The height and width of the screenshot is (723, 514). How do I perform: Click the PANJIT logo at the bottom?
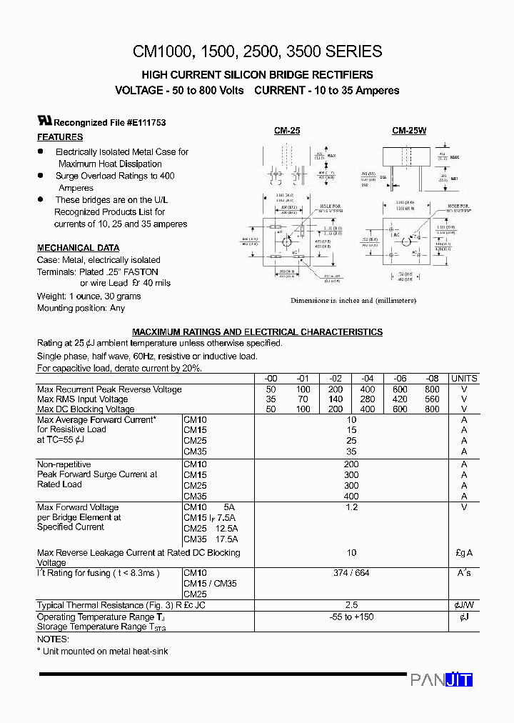coord(441,680)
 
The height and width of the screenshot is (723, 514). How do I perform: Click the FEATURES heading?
coord(60,137)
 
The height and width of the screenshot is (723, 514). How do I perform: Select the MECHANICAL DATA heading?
coord(79,248)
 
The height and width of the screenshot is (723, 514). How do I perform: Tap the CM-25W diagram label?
coord(408,131)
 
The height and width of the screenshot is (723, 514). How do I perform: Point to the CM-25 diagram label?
coord(287,131)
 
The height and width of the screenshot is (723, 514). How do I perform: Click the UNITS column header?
coord(464,379)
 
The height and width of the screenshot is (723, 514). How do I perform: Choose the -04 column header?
coord(368,379)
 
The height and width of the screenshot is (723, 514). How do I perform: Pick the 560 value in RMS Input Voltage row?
coord(431,399)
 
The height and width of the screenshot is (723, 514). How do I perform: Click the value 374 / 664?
coord(351,573)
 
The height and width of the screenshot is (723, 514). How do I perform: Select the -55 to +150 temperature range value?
coord(351,617)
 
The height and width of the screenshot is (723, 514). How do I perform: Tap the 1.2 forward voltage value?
coord(351,507)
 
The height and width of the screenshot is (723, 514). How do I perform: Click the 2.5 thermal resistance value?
coord(351,605)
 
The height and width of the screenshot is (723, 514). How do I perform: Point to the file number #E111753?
coord(146,123)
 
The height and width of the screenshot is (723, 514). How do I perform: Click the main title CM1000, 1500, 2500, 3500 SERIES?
coord(257,51)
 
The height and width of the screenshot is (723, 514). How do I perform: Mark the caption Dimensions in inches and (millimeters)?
coord(353,301)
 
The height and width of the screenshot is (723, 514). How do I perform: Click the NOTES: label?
coord(53,639)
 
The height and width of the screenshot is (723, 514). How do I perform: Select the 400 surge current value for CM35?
coord(351,496)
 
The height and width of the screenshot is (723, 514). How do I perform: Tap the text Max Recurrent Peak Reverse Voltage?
coord(109,389)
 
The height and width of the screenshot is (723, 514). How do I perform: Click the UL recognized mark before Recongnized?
coord(45,121)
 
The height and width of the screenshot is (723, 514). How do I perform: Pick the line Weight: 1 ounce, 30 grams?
coord(89,296)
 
